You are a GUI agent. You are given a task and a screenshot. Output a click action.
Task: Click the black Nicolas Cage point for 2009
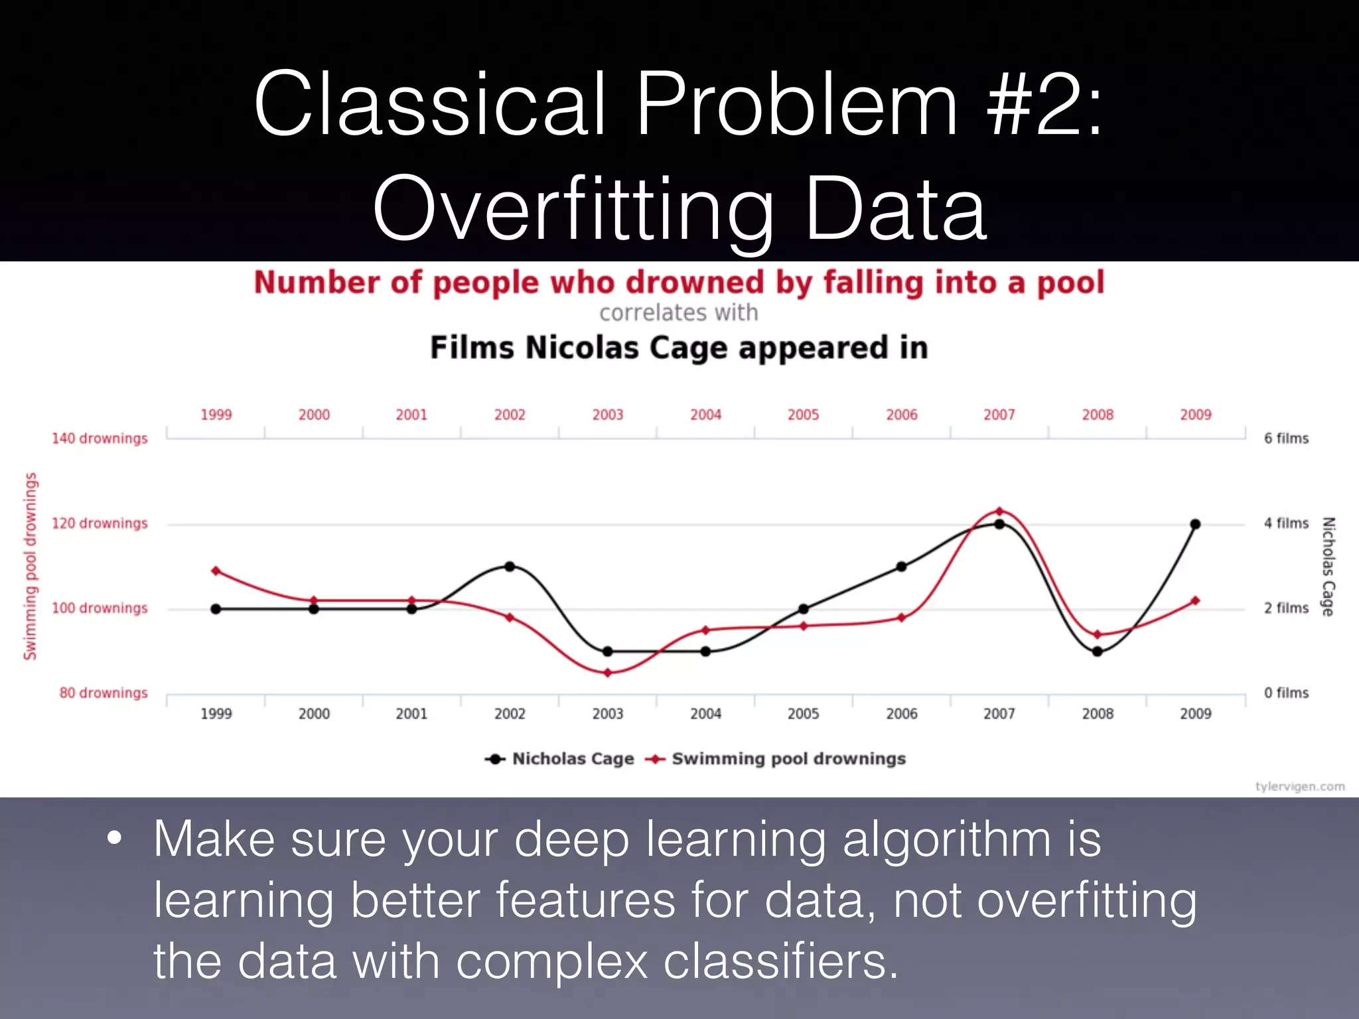pos(1195,524)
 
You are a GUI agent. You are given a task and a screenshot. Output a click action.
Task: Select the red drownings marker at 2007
pos(999,511)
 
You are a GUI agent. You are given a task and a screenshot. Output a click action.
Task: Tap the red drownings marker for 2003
pos(608,673)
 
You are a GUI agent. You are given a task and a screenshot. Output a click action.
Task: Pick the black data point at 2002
pos(510,567)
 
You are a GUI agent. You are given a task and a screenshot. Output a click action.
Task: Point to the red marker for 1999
pos(216,571)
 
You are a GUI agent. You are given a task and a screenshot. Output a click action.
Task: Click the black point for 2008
pos(1098,651)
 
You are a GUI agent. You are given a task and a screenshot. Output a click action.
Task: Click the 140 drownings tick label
pos(100,439)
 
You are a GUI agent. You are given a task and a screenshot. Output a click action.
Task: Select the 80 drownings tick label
pos(104,693)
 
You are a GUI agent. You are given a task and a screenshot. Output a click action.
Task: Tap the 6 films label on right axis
pos(1286,439)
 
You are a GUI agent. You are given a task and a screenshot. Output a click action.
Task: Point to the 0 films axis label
pos(1286,693)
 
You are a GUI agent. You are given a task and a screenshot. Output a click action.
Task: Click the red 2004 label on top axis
pos(705,415)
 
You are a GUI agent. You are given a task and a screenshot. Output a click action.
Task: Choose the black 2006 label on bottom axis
pos(901,714)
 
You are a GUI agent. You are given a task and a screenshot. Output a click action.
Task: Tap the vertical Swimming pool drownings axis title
pos(31,566)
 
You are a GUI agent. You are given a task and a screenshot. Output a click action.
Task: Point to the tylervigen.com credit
pos(1299,787)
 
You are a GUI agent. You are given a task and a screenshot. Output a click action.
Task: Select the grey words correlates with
pos(678,313)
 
